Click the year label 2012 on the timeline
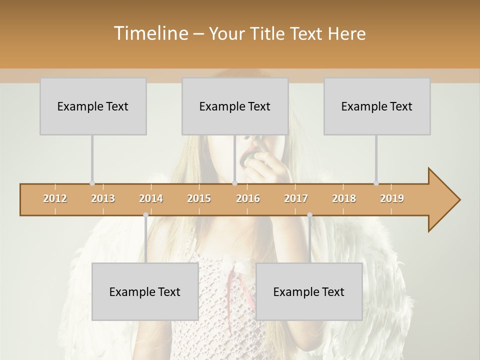55,198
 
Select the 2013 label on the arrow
103,198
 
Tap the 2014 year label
151,198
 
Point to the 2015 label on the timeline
199,198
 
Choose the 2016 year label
248,198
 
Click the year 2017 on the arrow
296,198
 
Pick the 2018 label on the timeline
344,198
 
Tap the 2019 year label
392,198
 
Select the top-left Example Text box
93,106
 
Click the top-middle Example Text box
235,106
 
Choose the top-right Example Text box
377,106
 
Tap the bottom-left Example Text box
145,291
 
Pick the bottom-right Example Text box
309,291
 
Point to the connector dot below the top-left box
92,183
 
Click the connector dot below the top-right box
376,183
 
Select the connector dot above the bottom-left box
145,215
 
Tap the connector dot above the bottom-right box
309,215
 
